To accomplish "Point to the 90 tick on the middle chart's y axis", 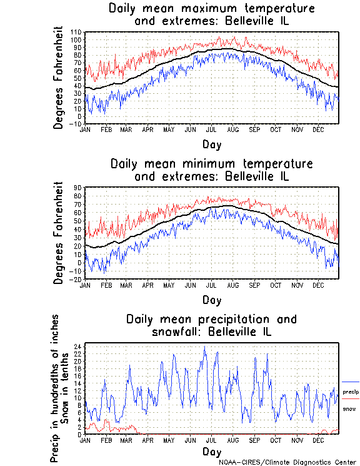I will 79,187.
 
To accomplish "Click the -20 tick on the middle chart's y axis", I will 77,279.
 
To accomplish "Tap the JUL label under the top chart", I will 211,129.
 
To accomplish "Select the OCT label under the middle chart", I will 275,285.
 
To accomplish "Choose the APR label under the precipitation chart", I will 147,440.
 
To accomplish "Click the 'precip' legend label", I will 350,392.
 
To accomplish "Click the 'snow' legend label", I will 349,409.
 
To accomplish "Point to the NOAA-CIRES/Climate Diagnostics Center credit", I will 287,462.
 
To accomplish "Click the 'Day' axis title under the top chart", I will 211,144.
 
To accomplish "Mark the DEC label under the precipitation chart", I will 318,440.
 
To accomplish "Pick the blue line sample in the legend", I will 351,382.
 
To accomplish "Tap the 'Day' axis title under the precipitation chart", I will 211,452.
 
